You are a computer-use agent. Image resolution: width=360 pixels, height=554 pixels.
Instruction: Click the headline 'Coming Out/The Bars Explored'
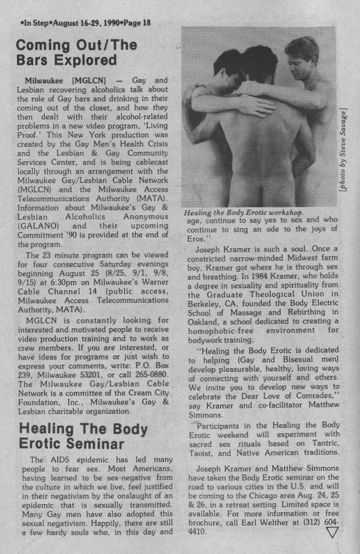76,53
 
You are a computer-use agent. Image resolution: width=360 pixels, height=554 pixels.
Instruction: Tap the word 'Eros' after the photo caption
196,238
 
